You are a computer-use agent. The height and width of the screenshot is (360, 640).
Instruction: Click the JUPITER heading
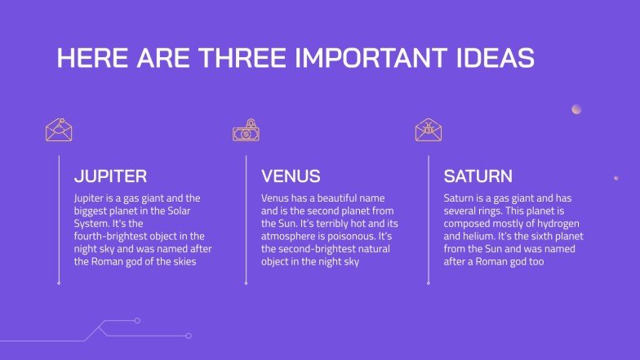[x=110, y=176]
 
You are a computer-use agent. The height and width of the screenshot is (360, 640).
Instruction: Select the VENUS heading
[x=291, y=176]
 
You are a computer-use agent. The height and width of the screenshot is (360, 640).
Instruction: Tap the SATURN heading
[x=478, y=176]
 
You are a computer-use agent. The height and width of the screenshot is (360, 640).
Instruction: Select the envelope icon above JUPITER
[x=59, y=130]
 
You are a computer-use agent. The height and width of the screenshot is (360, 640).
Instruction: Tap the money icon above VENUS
[x=246, y=130]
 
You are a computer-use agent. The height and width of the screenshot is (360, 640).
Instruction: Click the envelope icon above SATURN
[x=428, y=130]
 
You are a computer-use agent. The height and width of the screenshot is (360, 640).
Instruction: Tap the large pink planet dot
[x=576, y=109]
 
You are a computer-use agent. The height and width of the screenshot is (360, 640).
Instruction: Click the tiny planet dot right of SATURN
[x=616, y=177]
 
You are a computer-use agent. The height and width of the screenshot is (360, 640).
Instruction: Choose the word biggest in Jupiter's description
[x=92, y=211]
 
